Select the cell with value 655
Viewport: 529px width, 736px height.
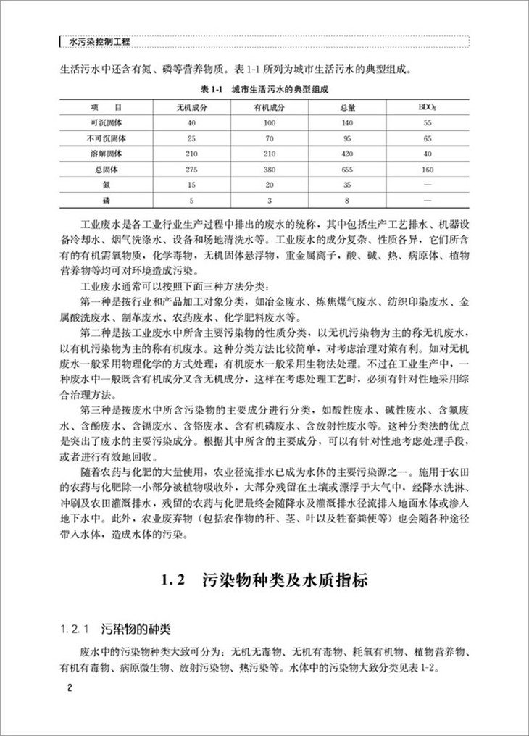[x=346, y=168]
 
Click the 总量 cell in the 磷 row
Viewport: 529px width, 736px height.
[x=346, y=198]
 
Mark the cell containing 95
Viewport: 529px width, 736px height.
[x=346, y=138]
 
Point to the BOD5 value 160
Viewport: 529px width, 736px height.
[x=428, y=168]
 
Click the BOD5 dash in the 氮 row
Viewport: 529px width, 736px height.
[x=428, y=183]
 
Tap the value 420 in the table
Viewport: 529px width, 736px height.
[x=346, y=153]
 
